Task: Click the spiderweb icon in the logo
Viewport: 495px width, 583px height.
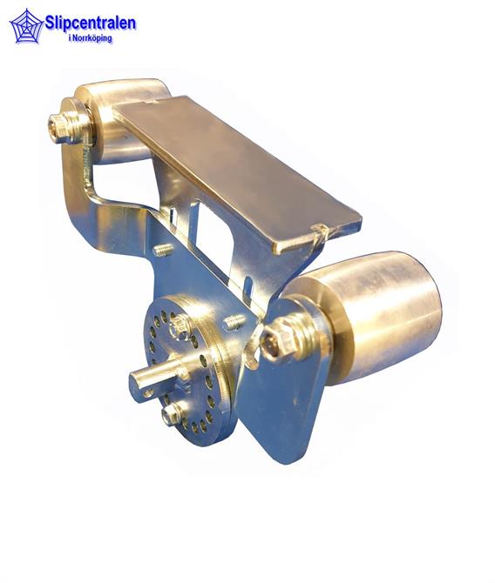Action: click(x=25, y=26)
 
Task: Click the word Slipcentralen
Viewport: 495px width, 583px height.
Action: click(x=91, y=23)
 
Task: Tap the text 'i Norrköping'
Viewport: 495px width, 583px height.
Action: click(x=90, y=38)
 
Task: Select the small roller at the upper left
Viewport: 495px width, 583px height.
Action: click(x=123, y=119)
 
